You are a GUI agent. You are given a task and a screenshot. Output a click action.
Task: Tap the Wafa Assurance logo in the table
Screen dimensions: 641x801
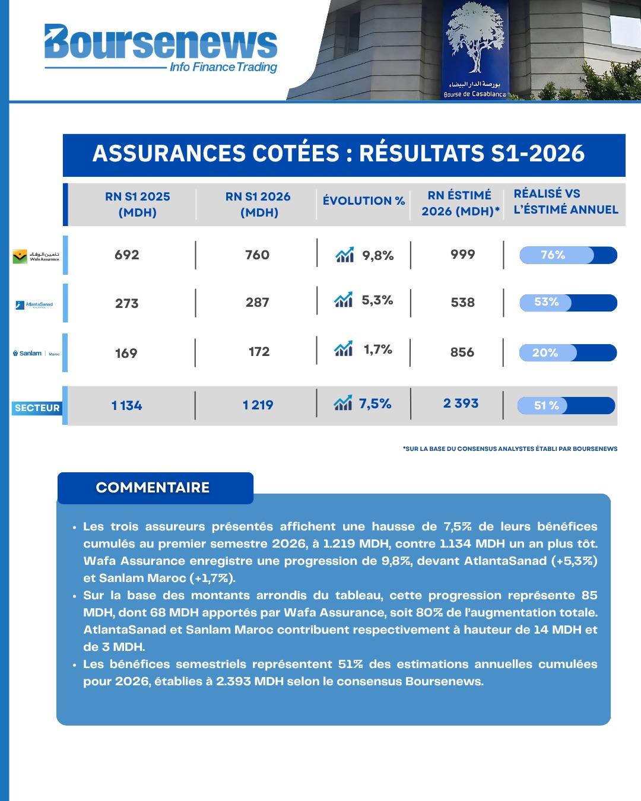(x=36, y=256)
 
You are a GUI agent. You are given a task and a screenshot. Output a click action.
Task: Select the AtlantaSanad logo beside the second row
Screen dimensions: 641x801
(x=34, y=305)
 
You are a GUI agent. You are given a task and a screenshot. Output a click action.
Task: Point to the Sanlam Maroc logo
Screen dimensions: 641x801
(x=36, y=353)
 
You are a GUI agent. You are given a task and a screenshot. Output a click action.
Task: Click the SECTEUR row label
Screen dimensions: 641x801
(x=37, y=408)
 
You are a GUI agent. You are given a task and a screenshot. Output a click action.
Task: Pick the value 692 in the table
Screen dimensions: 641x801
(x=126, y=255)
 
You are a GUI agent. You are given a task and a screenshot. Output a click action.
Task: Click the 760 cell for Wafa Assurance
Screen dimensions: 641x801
(x=257, y=255)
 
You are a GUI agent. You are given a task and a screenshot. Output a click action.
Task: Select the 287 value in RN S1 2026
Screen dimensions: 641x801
(x=257, y=302)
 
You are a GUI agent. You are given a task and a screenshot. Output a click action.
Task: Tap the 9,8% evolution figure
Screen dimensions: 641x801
(x=377, y=256)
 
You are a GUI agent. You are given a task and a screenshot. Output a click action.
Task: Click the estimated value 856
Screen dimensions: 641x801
(x=462, y=352)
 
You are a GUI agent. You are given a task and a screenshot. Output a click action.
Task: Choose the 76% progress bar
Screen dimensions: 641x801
(x=568, y=255)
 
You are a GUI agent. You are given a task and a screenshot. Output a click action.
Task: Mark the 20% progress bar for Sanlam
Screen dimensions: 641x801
(x=568, y=352)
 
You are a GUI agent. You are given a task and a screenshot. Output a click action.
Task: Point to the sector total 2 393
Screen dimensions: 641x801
(x=461, y=403)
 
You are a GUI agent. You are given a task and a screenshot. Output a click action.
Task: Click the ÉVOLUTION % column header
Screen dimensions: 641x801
(x=363, y=201)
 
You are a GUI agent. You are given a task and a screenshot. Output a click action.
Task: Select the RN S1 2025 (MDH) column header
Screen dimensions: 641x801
(x=138, y=204)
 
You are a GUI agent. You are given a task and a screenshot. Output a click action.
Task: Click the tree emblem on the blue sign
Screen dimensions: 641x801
(x=475, y=37)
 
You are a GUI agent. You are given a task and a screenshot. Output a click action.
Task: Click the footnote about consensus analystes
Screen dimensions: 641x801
(x=510, y=449)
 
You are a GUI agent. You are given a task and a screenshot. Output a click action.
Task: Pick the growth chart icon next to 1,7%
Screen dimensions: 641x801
(x=344, y=348)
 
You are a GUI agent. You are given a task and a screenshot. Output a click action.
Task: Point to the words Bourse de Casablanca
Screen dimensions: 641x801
(x=474, y=94)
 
